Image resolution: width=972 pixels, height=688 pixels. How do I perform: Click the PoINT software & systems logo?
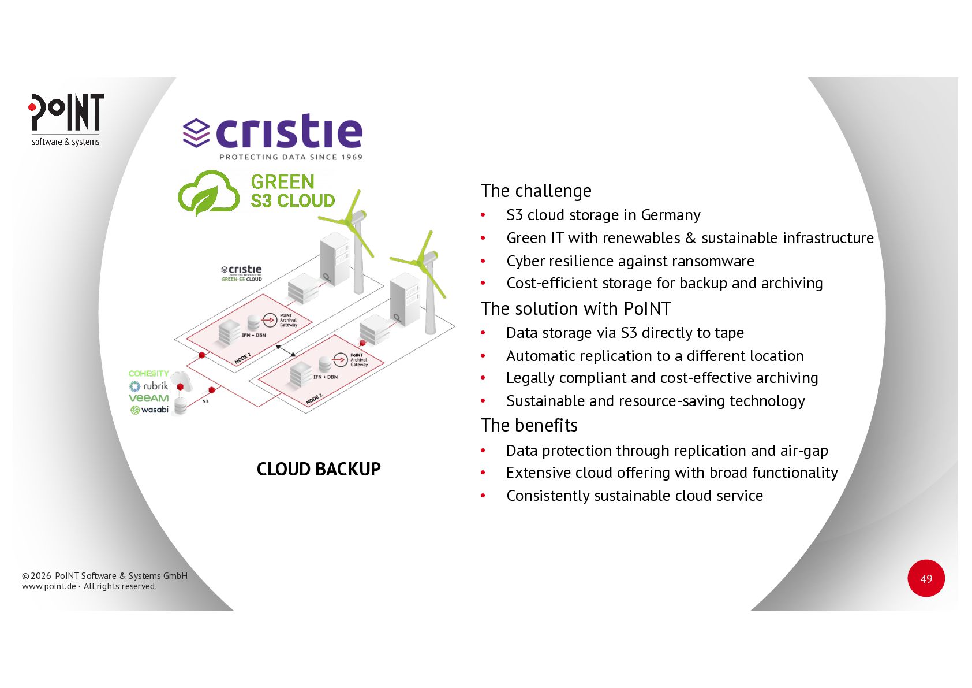66,119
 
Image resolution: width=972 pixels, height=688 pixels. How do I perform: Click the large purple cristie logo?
273,131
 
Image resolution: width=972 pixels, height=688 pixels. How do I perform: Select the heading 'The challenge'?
536,191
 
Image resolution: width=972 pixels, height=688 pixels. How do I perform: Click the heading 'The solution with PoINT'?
575,308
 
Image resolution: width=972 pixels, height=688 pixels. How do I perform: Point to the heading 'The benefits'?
529,425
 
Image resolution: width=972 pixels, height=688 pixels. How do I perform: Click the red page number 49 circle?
926,578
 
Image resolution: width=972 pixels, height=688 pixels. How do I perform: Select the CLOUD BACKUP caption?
319,469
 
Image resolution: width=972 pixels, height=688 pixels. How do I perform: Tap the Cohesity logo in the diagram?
148,374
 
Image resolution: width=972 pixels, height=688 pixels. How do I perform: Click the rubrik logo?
149,386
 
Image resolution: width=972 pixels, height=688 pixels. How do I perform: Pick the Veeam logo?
148,398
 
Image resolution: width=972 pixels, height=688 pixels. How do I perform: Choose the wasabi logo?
149,410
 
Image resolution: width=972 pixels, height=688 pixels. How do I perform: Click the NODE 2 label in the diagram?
242,358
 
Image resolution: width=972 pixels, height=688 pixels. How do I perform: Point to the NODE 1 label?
314,399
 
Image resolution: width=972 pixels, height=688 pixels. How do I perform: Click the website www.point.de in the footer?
48,586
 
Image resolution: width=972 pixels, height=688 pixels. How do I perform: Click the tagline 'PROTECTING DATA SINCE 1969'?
291,157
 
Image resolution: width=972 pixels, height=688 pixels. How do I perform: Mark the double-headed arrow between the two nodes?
286,351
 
